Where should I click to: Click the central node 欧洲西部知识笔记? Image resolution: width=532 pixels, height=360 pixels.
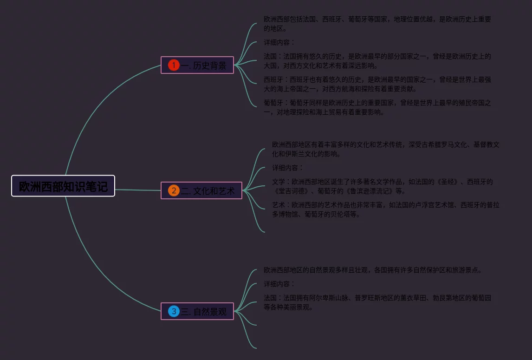coord(63,186)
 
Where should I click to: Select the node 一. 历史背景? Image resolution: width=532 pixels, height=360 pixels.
coord(197,65)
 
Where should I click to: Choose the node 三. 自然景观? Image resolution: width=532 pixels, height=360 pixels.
coord(197,311)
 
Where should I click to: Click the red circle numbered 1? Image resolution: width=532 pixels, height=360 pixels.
coord(174,65)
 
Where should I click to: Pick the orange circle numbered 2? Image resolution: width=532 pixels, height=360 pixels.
coord(174,190)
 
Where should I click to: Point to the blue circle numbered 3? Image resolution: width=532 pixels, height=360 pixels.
coord(174,311)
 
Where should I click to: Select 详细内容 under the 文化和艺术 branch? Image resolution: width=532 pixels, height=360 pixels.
coord(287,168)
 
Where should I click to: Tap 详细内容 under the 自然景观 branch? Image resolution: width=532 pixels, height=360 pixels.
coord(279,284)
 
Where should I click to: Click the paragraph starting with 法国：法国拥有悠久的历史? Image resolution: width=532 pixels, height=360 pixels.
coord(377,61)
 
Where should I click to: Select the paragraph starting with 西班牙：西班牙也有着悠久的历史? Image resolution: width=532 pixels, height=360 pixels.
coord(377,84)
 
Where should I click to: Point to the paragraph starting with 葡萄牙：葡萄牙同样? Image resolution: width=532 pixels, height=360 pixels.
coord(377,107)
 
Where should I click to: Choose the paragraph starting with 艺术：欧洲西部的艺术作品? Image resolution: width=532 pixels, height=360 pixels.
coord(385,209)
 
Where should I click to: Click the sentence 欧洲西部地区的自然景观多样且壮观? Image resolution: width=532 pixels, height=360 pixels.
coord(372,270)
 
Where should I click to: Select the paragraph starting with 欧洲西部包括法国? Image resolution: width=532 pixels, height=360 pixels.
coord(377,24)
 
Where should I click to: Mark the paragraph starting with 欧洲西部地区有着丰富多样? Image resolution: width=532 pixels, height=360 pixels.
coord(385,149)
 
